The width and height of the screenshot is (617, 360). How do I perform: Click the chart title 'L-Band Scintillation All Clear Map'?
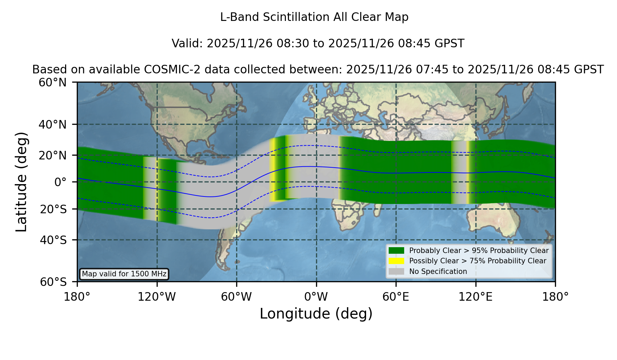coord(314,17)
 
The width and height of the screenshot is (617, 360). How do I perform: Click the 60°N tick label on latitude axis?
coord(53,82)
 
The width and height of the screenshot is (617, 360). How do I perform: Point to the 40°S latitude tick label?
coord(53,240)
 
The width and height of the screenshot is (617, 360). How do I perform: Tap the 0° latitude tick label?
coord(60,182)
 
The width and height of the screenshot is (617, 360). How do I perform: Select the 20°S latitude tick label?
coord(53,209)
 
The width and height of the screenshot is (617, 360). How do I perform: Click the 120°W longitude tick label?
coord(157,297)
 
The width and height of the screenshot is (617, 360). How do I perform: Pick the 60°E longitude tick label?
coord(396,297)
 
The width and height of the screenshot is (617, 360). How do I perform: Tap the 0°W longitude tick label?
coord(316,297)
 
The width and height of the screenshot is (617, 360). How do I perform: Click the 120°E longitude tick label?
coord(475,297)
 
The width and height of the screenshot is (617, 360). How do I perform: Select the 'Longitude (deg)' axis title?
coord(316,314)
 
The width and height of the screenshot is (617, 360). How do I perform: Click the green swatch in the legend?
coord(397,251)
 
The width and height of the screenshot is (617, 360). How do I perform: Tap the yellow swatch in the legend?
coord(397,261)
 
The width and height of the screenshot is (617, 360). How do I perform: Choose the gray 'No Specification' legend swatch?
coord(397,272)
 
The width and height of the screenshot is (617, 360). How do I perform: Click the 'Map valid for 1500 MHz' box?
coord(124,274)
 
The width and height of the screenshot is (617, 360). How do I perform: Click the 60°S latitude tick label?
coord(53,282)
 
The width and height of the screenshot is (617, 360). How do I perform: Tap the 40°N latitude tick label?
coord(53,124)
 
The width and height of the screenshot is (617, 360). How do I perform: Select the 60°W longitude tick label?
coord(237,297)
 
